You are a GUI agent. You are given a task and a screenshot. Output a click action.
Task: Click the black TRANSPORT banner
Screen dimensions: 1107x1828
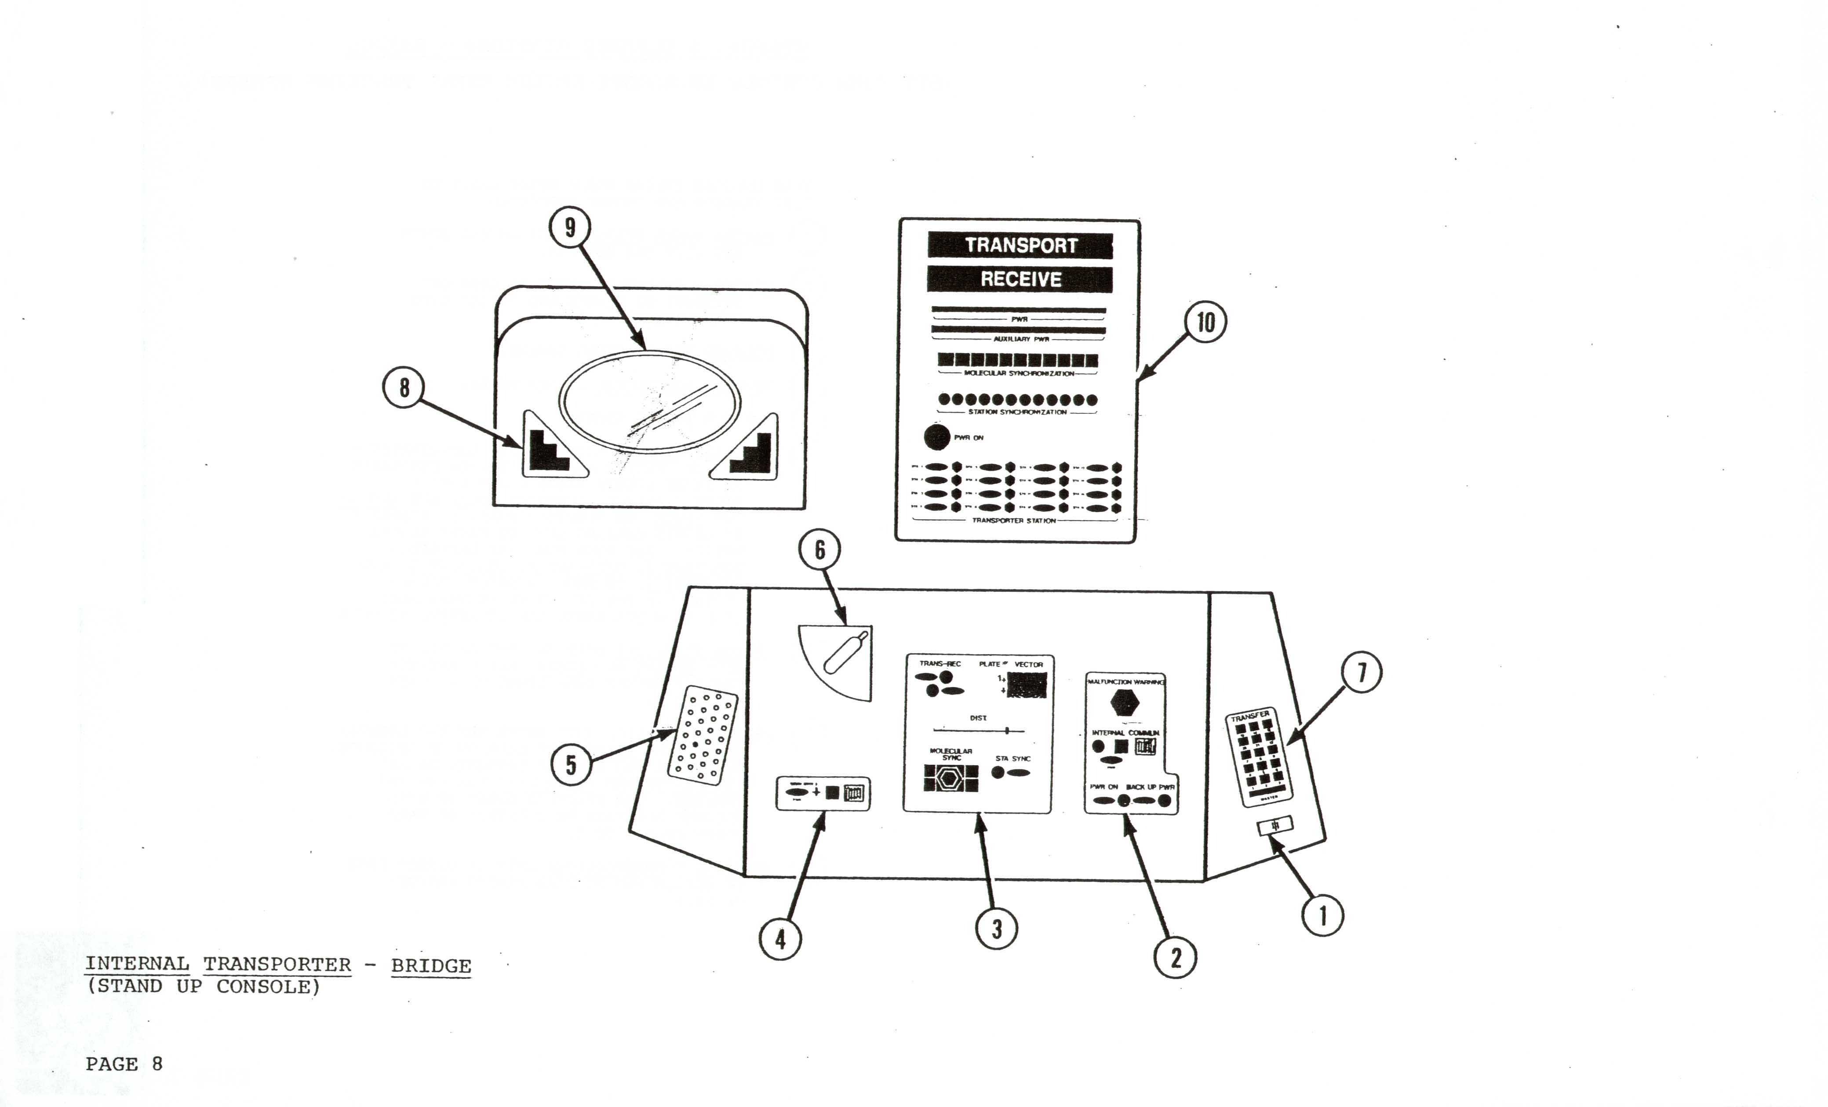1020,246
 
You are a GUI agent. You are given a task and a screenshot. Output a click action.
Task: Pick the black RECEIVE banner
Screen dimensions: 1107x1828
1020,279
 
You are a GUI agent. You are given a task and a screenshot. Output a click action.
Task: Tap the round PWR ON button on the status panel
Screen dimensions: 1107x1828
937,437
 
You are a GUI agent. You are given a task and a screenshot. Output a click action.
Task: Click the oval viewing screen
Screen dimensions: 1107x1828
649,400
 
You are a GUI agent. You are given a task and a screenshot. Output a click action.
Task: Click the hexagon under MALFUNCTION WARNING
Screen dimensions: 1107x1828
1125,702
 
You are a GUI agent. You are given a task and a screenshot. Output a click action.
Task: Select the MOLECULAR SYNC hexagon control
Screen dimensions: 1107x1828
950,778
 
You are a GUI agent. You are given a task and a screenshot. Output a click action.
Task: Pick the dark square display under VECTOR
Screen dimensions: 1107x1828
1027,686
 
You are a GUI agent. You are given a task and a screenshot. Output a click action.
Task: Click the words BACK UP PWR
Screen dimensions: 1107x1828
1150,787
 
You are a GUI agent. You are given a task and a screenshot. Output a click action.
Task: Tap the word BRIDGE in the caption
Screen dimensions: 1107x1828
431,966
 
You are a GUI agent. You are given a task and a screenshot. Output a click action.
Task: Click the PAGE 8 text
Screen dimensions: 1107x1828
124,1064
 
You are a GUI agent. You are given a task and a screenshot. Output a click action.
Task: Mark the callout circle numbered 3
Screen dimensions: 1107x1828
996,928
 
